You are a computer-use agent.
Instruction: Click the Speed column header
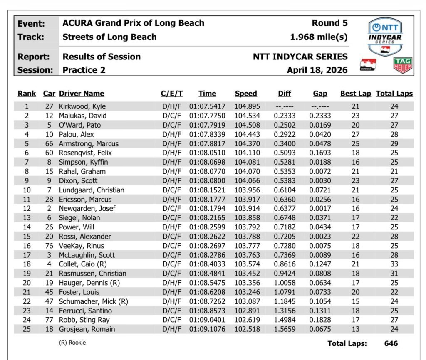pos(246,94)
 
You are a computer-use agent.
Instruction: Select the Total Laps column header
pos(394,94)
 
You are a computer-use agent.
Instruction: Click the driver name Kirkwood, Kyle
pos(82,106)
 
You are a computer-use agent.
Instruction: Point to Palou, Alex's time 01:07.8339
pos(208,134)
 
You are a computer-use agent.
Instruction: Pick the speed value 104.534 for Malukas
pos(247,116)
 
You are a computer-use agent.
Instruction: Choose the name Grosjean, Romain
pos(87,329)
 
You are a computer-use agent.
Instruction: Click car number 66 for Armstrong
pos(49,143)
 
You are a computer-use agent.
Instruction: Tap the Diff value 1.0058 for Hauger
pos(285,283)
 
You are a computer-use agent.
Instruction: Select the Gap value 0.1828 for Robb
pos(320,320)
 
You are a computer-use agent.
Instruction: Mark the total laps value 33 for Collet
pos(394,264)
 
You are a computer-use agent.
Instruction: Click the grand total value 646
pos(391,343)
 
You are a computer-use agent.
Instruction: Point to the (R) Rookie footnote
pos(72,343)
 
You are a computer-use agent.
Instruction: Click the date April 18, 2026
pos(317,70)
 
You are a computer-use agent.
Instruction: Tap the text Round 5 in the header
pos(329,23)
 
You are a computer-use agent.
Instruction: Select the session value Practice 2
pos(84,70)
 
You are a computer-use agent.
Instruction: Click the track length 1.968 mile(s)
pos(319,37)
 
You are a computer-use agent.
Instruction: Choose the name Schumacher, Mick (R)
pos(92,301)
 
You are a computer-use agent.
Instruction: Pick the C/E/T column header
pos(172,94)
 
